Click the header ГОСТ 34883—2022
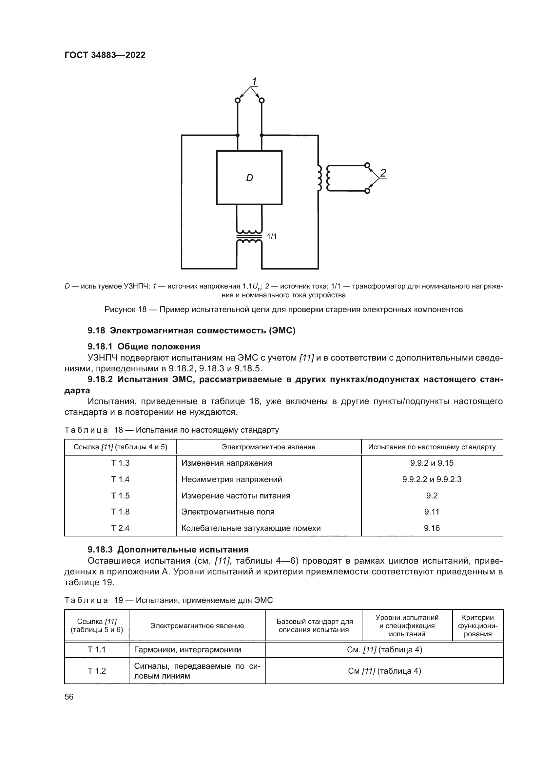coord(105,55)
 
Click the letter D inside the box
coord(249,178)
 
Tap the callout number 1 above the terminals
coord(254,82)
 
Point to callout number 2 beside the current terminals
coord(383,173)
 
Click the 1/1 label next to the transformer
coord(272,236)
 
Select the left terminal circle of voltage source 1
coord(238,101)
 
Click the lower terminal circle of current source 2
coord(367,191)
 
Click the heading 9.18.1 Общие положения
coord(144,346)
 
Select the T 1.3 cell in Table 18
coord(120,463)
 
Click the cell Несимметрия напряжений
coord(232,479)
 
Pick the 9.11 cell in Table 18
coord(432,512)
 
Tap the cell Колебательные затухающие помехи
coord(251,528)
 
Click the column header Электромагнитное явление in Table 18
coord(268,447)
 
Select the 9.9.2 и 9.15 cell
coord(432,463)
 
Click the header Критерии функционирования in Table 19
coord(477,626)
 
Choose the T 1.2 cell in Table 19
coord(97,671)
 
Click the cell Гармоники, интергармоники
coord(187,649)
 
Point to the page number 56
coord(69,697)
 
